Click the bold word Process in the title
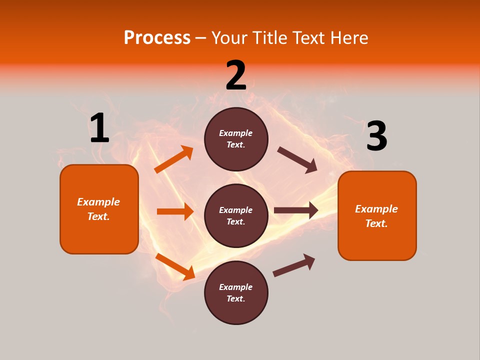(157, 37)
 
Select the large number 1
(99, 128)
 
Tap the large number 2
(236, 75)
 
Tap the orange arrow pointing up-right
(173, 159)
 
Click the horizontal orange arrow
(175, 211)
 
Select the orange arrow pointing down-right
(175, 266)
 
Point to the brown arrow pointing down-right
(297, 159)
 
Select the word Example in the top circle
(236, 133)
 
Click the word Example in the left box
(98, 202)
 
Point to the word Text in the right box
(376, 223)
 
